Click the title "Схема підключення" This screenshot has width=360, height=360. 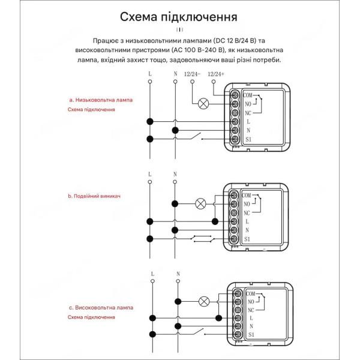coord(178,17)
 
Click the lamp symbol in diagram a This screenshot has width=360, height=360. coord(203,103)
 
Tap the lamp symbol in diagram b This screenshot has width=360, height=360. coord(202,204)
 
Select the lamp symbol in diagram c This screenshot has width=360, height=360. coord(203,301)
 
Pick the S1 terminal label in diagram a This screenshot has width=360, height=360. coord(249,139)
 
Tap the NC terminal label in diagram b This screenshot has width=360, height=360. coord(247,213)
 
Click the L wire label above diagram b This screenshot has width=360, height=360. coord(150,174)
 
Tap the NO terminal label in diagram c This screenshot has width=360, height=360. coord(251,301)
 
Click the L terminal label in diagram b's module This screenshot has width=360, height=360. coord(248,221)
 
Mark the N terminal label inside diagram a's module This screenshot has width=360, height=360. coord(248,130)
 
